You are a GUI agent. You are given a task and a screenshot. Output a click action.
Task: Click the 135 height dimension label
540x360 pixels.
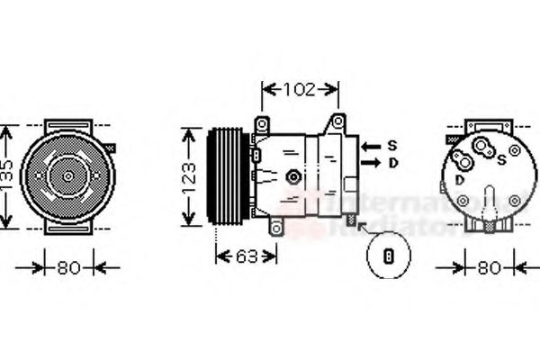8,177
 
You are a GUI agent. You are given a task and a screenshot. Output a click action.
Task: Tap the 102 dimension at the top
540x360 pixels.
300,89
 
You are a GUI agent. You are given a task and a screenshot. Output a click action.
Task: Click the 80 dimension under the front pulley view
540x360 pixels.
68,267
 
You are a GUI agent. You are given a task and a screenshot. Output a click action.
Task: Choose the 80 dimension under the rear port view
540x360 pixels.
488,267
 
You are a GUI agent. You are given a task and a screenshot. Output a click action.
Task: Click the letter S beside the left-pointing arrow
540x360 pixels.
392,145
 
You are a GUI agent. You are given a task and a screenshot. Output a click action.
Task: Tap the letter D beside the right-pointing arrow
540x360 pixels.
392,163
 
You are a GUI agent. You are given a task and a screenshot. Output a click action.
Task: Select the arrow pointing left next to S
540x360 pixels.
370,145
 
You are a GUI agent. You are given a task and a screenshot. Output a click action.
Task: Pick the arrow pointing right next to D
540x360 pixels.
370,163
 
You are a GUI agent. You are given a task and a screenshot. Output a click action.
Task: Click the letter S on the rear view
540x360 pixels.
500,160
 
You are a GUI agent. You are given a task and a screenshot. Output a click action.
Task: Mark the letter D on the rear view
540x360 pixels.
460,179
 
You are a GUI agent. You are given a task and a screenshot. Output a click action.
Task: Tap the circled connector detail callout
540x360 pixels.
389,255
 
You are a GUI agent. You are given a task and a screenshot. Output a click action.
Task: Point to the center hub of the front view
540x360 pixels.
68,175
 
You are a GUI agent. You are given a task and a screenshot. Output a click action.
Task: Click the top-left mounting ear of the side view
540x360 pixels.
262,123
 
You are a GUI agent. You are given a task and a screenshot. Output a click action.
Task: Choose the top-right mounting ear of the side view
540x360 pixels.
337,121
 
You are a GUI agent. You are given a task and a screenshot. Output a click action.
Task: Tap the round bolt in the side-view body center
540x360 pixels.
292,177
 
